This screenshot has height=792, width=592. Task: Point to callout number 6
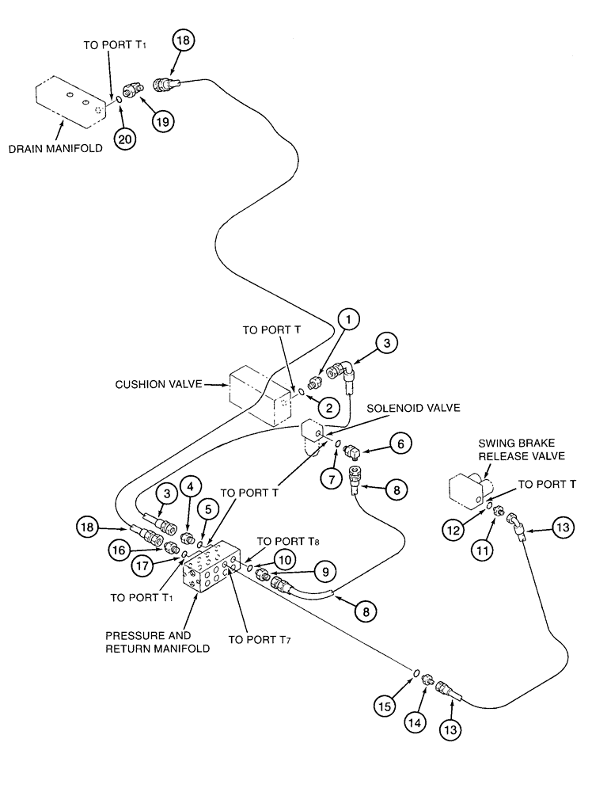tap(399, 444)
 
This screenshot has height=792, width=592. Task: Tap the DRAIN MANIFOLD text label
tap(55, 148)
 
